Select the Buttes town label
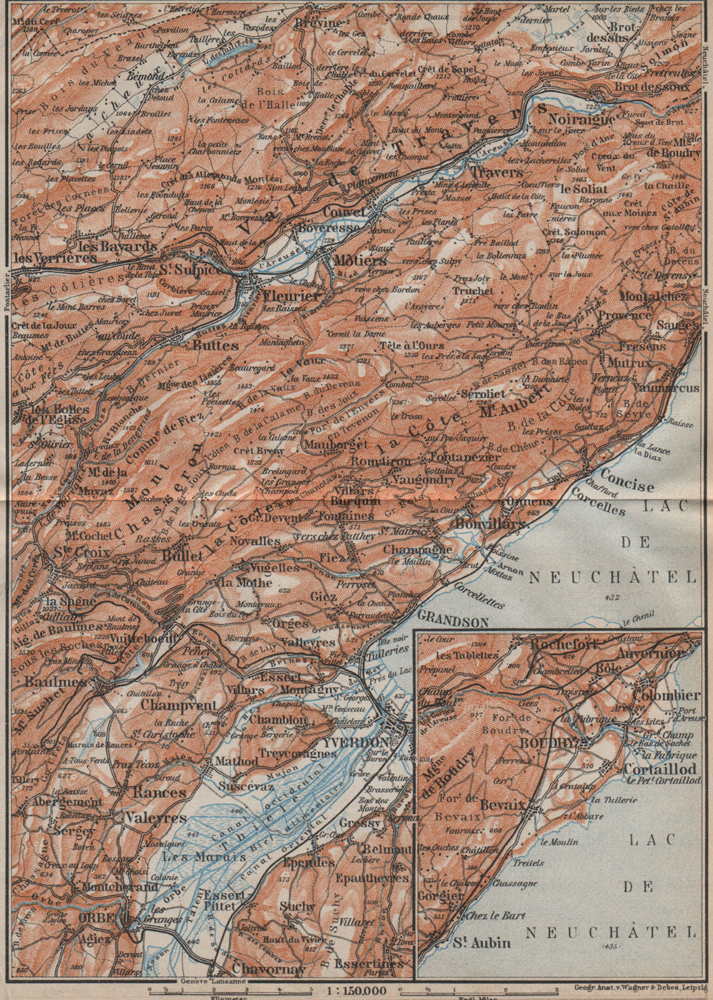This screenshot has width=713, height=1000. (216, 346)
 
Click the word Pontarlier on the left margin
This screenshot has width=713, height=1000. (4, 294)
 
